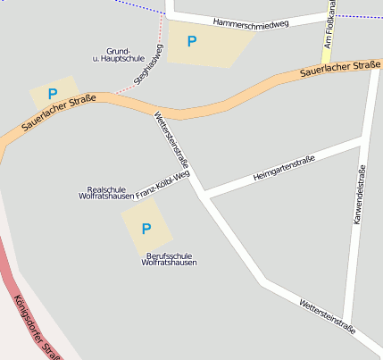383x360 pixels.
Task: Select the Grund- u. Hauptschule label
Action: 118,54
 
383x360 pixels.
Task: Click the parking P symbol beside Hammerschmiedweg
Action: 191,41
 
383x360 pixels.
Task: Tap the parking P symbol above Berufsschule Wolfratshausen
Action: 146,228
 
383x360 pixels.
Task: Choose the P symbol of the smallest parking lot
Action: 53,94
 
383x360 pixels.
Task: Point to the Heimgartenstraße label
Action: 284,169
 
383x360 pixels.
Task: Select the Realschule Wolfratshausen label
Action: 105,192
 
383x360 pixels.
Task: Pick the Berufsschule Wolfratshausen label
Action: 169,259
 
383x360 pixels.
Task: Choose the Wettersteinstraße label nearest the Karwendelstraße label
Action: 327,317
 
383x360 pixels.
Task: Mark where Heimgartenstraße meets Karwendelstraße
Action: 362,140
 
